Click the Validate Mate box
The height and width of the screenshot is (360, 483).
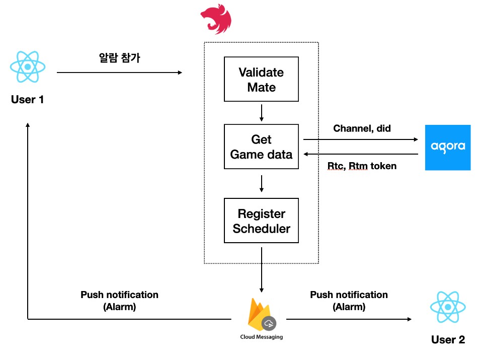click(261, 80)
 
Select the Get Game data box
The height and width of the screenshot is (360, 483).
click(261, 147)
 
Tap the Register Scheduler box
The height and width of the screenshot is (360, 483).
click(261, 221)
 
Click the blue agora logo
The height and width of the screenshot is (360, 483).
click(447, 147)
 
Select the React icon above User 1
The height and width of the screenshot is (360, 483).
click(28, 66)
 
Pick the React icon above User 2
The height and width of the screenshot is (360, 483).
click(448, 308)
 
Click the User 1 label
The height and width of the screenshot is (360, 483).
click(28, 100)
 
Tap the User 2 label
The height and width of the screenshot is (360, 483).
click(448, 340)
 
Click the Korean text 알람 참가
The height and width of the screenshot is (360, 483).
click(119, 58)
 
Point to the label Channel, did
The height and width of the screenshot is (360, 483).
click(362, 128)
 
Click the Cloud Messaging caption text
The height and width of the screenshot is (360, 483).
click(261, 337)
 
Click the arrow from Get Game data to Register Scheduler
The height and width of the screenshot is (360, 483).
click(261, 183)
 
